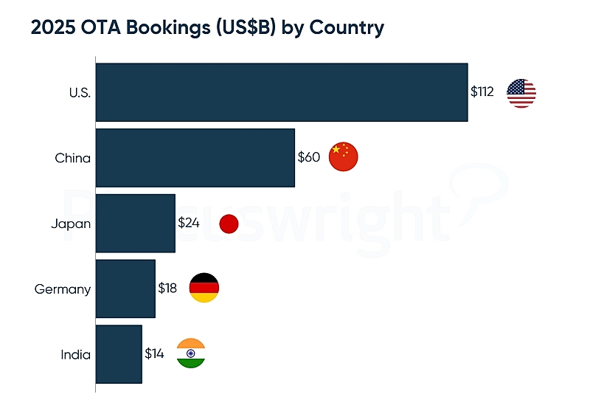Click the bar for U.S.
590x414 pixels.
pyautogui.click(x=282, y=92)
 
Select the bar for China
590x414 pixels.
pyautogui.click(x=195, y=157)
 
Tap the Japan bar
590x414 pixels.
pyautogui.click(x=136, y=223)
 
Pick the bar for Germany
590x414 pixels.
pyautogui.click(x=125, y=289)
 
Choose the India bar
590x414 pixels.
pyautogui.click(x=119, y=353)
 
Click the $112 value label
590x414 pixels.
pyautogui.click(x=482, y=92)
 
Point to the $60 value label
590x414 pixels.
pyautogui.click(x=308, y=157)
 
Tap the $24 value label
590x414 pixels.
pyautogui.click(x=189, y=223)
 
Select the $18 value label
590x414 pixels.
pyautogui.click(x=167, y=289)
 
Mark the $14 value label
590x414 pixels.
pyautogui.click(x=154, y=353)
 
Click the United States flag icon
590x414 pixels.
pyautogui.click(x=521, y=93)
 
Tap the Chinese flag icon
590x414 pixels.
pyautogui.click(x=342, y=156)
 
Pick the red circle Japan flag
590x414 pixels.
pyautogui.click(x=229, y=224)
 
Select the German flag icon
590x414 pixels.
pyautogui.click(x=204, y=288)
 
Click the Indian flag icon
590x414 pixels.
pyautogui.click(x=191, y=353)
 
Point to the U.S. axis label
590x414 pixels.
pyautogui.click(x=79, y=93)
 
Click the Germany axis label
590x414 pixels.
pyautogui.click(x=63, y=289)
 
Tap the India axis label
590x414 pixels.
pyautogui.click(x=76, y=354)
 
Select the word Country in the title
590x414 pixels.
pyautogui.click(x=347, y=29)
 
